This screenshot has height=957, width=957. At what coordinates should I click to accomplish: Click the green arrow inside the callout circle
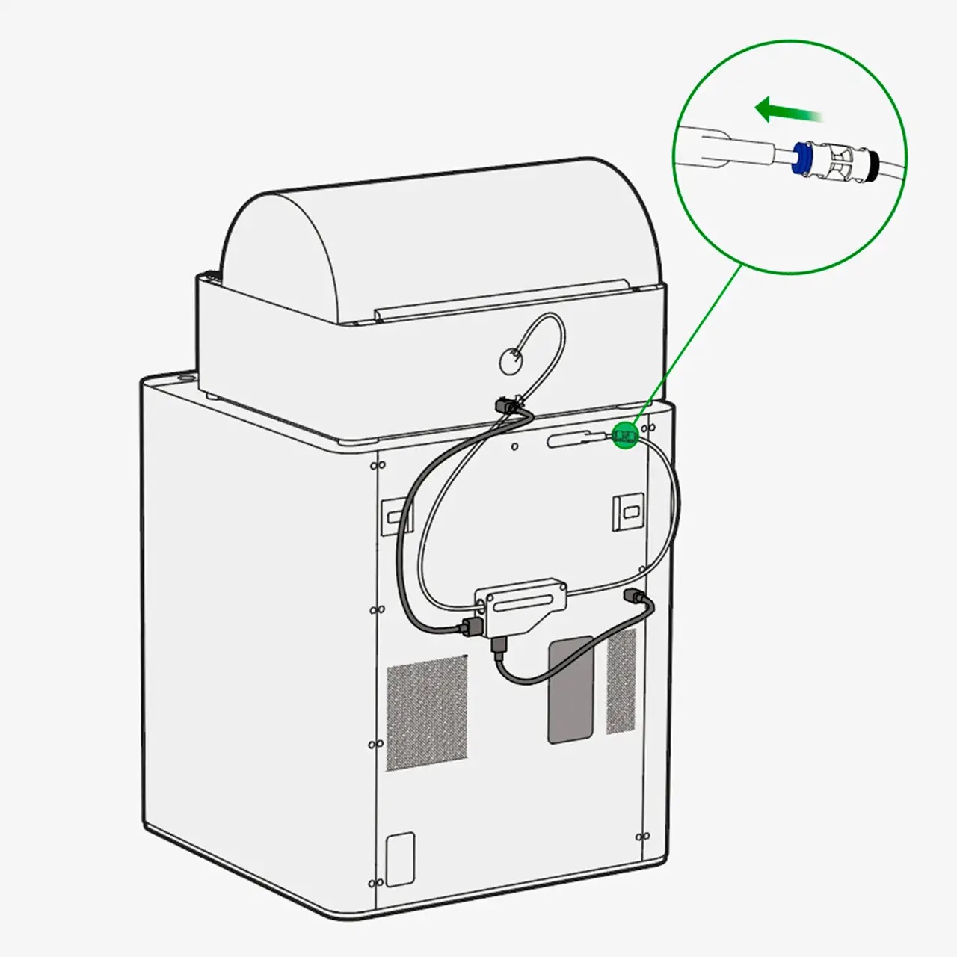785,111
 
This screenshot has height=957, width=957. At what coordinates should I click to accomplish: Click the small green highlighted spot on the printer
625,434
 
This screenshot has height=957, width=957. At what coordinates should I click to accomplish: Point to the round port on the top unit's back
511,361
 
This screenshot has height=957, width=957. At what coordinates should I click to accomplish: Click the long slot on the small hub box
520,600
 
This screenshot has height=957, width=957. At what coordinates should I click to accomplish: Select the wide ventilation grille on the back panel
426,713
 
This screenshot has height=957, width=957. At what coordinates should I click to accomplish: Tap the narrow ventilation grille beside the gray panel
621,680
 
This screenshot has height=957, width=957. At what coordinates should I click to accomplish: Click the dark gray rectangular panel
570,689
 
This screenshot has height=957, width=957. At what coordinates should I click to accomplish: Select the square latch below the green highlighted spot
627,511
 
